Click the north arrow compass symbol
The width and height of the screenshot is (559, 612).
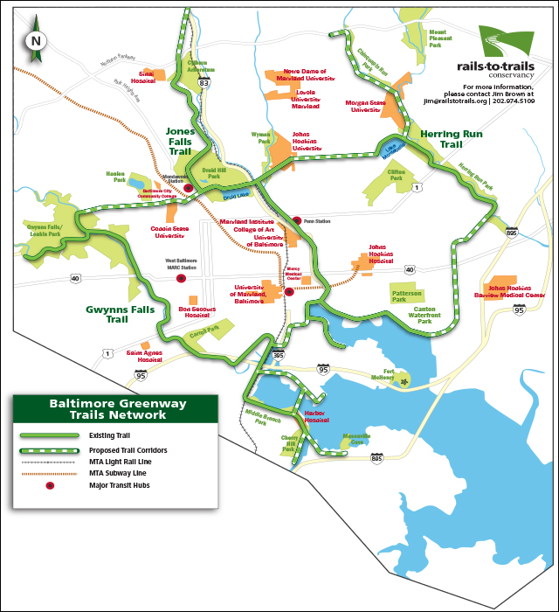(35, 40)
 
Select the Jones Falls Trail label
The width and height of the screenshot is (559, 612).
(180, 141)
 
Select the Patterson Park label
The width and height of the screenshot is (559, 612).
(406, 296)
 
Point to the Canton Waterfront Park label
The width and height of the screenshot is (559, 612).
(424, 315)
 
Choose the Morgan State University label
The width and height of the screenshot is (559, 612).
(368, 106)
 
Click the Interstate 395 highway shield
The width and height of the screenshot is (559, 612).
(279, 355)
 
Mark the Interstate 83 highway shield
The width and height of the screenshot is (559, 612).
(204, 82)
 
